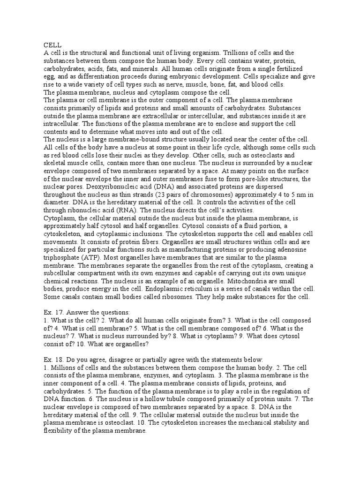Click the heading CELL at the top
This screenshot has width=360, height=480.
51,45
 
